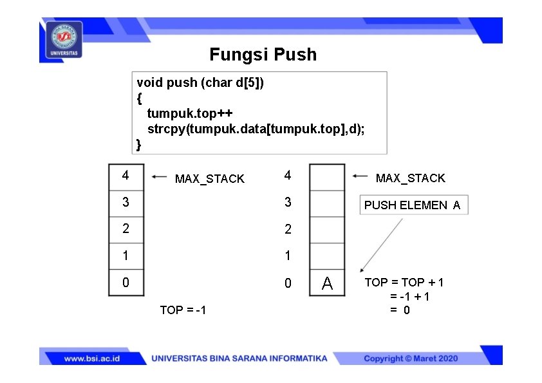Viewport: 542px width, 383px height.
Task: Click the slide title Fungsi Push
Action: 263,54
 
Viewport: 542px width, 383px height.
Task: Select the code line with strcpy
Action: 256,129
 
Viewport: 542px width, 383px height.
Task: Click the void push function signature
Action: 200,82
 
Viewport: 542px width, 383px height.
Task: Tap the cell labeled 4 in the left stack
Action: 126,176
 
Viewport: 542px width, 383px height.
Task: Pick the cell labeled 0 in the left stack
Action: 126,283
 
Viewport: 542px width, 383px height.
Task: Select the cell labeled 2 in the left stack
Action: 126,229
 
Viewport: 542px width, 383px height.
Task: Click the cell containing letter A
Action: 327,283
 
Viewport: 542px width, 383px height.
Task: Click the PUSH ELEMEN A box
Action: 413,205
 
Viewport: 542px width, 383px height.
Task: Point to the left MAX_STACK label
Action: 210,179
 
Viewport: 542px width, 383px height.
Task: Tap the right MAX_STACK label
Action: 410,178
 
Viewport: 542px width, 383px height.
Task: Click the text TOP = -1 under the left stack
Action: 183,310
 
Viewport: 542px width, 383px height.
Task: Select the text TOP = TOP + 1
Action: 404,282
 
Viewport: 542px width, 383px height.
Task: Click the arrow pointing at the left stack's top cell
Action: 158,176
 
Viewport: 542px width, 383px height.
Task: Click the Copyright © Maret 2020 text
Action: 411,359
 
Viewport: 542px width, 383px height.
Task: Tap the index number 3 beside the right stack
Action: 288,202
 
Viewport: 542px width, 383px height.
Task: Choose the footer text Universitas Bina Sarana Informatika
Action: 239,359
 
